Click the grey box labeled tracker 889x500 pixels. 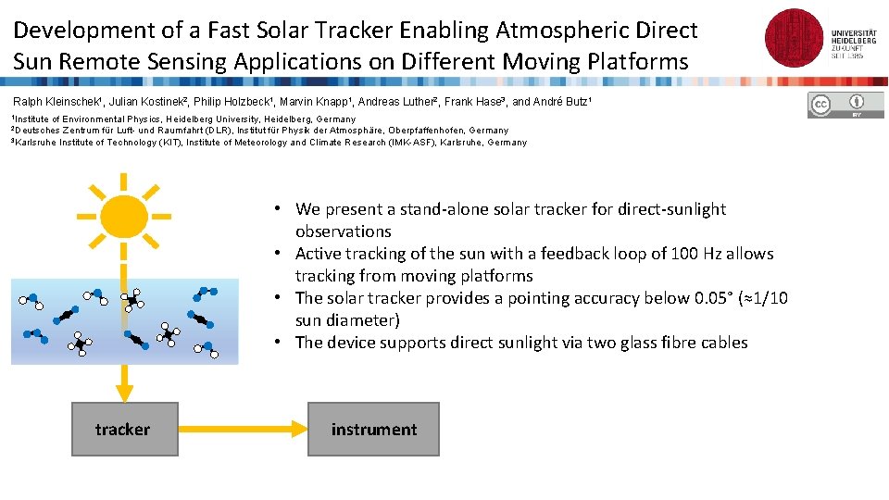pos(124,429)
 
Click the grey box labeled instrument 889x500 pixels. pos(373,429)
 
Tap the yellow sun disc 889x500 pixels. pos(124,215)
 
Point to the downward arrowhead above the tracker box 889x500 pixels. pos(124,393)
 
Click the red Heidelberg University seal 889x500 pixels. pos(795,38)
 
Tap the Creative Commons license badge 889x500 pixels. pos(846,106)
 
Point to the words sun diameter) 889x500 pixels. pos(347,320)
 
